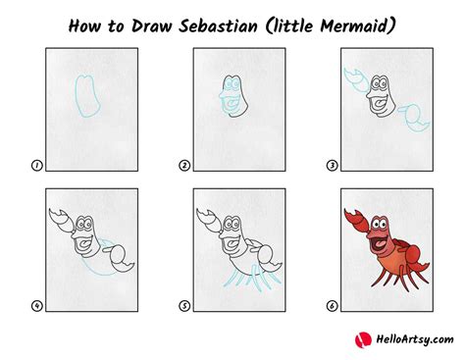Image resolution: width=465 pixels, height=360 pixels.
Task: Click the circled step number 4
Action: click(x=36, y=306)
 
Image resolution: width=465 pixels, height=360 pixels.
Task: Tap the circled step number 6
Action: click(x=333, y=306)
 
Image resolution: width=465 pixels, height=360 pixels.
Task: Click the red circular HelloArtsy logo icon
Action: click(x=360, y=338)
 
